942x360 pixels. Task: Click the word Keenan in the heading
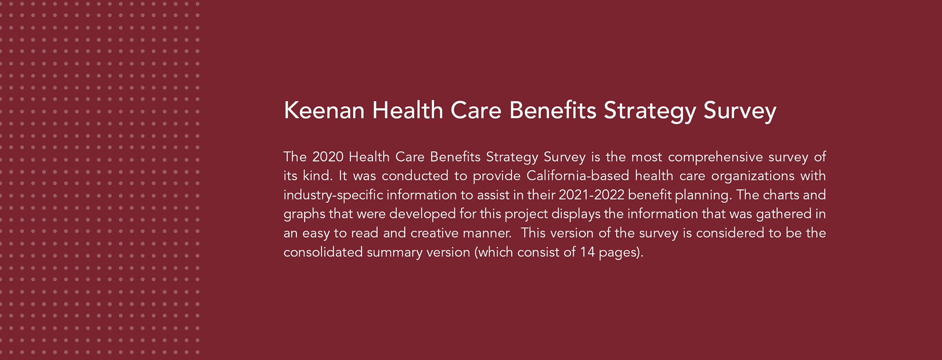[324, 110]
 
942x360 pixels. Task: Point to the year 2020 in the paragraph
[328, 157]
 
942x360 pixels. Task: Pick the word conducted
[415, 176]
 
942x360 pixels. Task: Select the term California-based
[577, 176]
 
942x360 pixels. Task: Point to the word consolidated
[322, 252]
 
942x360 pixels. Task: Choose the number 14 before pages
[587, 253]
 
